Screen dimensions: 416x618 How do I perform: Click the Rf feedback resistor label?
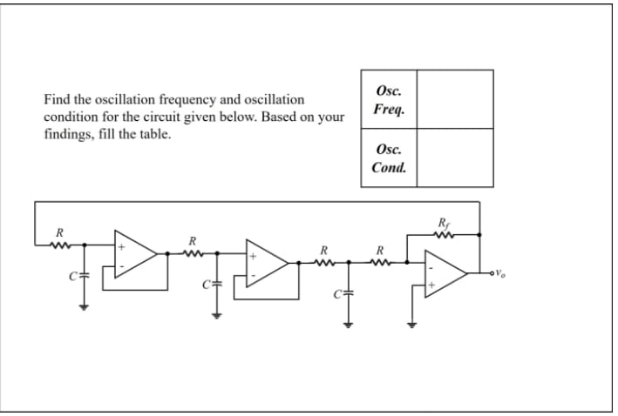pyautogui.click(x=445, y=221)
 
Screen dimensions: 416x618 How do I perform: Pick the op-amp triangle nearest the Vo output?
pyautogui.click(x=445, y=273)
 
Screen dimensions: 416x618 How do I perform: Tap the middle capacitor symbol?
pyautogui.click(x=212, y=284)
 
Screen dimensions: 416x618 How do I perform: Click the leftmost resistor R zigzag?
pyautogui.click(x=59, y=245)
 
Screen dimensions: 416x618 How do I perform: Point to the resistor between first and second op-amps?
pyautogui.click(x=194, y=252)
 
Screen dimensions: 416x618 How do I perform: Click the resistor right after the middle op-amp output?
pyautogui.click(x=323, y=260)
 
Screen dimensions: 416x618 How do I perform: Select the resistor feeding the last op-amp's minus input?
pyautogui.click(x=379, y=260)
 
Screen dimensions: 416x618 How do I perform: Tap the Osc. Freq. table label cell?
pyautogui.click(x=389, y=100)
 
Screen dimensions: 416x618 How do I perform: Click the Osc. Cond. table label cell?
pyautogui.click(x=389, y=158)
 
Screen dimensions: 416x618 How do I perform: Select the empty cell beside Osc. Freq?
pyautogui.click(x=454, y=100)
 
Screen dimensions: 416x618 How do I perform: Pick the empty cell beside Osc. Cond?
pyautogui.click(x=454, y=158)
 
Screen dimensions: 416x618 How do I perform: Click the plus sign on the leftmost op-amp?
pyautogui.click(x=121, y=247)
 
